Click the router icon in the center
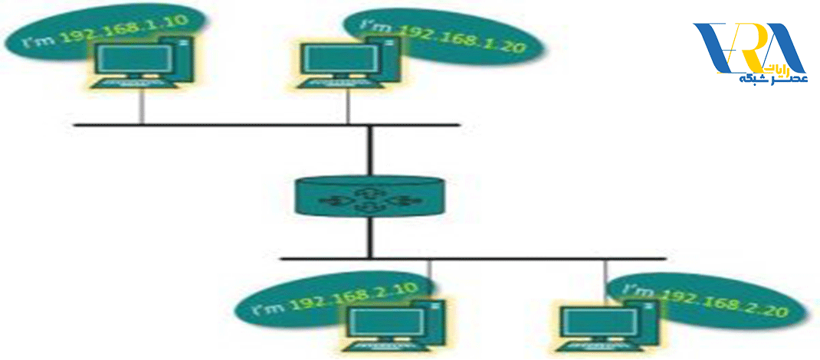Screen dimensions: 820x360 coord(369,196)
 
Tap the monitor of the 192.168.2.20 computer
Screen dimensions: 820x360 coord(602,324)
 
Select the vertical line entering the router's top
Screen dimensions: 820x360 coord(369,150)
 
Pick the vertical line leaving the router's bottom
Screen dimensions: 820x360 coord(369,237)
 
